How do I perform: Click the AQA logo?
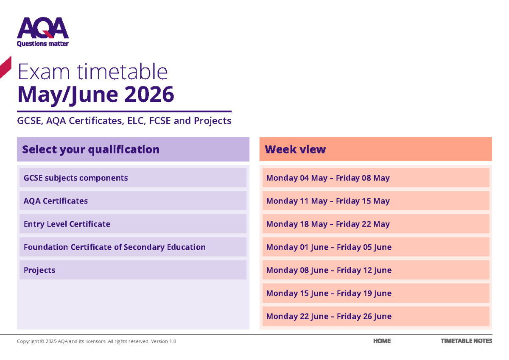point(43,31)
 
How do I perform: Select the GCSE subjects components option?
point(133,178)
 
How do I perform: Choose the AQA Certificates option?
point(133,201)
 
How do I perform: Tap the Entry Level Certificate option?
point(133,224)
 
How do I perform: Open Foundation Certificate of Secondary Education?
point(133,247)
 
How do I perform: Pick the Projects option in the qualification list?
point(133,270)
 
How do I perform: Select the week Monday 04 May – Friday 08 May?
point(376,178)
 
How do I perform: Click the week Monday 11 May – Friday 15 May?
point(376,201)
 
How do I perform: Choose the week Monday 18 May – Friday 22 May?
point(376,224)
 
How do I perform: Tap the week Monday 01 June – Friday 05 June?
point(376,247)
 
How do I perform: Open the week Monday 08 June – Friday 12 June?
point(376,270)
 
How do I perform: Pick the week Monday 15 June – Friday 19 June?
point(376,293)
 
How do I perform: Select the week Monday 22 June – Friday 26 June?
point(376,316)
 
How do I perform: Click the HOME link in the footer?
point(382,341)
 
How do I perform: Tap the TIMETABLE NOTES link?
point(467,341)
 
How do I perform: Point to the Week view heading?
point(295,149)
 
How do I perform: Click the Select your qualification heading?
point(91,150)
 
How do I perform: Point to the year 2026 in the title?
point(149,94)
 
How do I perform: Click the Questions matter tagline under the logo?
point(43,44)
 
